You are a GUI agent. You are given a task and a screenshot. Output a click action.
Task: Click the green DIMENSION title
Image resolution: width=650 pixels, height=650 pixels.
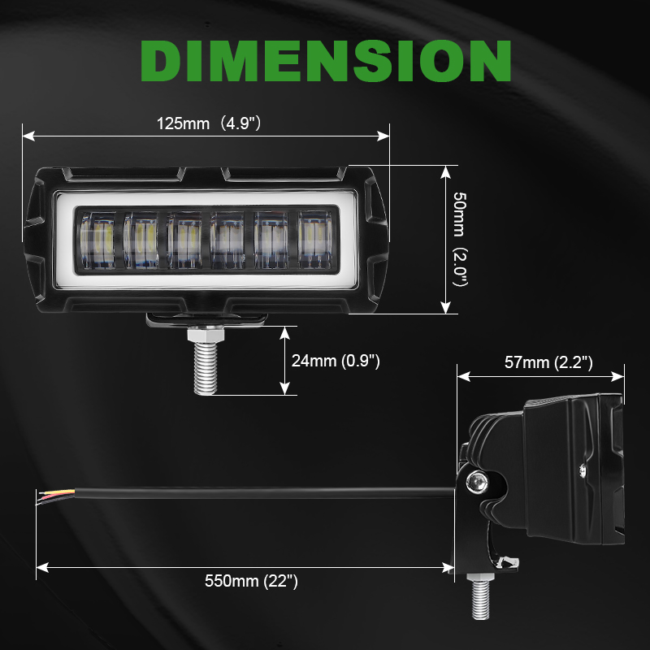326,61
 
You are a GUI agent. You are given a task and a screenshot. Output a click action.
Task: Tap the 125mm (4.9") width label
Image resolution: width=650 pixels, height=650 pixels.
209,123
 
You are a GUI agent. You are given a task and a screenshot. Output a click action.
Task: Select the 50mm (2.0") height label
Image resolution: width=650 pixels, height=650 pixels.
460,239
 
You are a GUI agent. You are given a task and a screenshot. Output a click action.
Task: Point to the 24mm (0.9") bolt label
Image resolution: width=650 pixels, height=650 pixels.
336,361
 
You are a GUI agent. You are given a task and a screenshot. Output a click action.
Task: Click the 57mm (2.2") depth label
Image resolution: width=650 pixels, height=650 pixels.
548,362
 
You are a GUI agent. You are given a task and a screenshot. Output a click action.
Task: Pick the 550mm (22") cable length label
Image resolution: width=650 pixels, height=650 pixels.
251,581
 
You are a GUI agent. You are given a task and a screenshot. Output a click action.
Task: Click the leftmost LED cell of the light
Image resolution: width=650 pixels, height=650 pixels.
97,240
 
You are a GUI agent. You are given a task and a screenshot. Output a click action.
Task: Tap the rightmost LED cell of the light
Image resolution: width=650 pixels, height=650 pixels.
315,240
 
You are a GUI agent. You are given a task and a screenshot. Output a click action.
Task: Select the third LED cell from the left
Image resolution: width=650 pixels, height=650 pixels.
185,240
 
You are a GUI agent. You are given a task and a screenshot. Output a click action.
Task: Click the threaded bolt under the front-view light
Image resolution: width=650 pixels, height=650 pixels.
206,368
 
